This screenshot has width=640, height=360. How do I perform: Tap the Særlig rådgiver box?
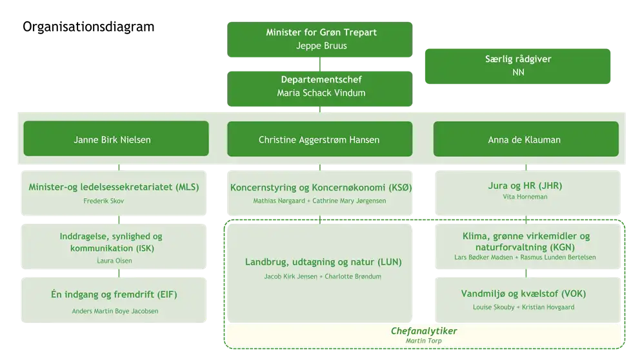pos(518,66)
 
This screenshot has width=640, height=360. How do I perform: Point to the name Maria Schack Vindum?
pos(321,93)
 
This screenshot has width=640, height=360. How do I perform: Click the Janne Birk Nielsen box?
pos(116,139)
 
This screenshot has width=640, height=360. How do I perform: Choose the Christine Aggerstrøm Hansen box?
pos(319,139)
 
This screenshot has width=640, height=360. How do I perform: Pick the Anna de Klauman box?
pos(526,139)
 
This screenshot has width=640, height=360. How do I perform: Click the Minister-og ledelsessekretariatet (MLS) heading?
pos(114,187)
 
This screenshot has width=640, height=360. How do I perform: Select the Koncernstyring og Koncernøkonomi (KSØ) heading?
pos(321,188)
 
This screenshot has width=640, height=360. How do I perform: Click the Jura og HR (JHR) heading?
pos(525,186)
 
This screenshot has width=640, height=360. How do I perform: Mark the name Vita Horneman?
pos(525,197)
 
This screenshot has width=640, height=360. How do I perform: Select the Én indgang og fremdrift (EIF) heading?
pos(114,295)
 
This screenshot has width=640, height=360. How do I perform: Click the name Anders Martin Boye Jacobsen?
pos(115,311)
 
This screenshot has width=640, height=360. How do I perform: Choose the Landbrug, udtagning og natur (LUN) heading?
pos(323,262)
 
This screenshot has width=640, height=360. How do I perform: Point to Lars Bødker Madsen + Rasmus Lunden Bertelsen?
pos(525,257)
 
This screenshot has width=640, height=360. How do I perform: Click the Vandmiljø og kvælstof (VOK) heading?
pos(523,294)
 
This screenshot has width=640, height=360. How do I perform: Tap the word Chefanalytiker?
pos(424,331)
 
